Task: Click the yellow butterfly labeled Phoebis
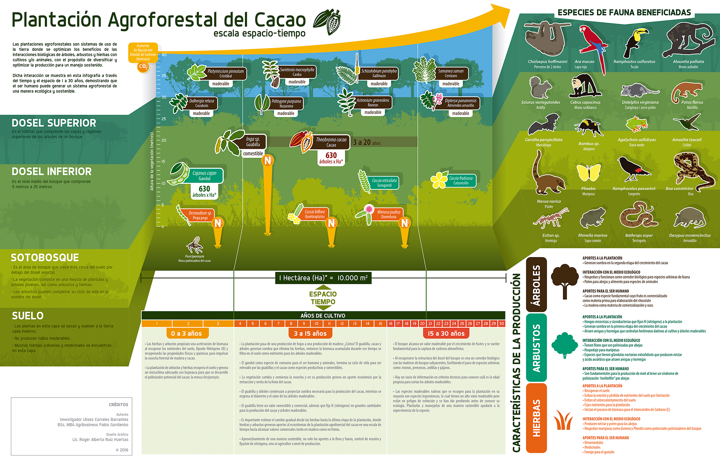click(588, 173)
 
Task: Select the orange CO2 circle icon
click(143, 67)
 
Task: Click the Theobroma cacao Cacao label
click(331, 142)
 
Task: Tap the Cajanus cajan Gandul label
click(204, 175)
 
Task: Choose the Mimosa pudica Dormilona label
click(388, 214)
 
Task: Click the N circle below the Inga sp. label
click(268, 160)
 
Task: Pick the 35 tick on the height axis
click(164, 76)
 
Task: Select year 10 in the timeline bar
click(316, 324)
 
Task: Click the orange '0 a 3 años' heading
click(186, 333)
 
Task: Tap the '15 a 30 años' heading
click(446, 333)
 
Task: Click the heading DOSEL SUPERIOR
click(54, 123)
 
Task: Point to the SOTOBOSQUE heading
click(45, 258)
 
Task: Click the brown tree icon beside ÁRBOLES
click(565, 280)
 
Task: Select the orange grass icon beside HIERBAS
click(563, 420)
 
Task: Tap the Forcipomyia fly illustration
click(195, 245)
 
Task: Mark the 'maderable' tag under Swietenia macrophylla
click(297, 82)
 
